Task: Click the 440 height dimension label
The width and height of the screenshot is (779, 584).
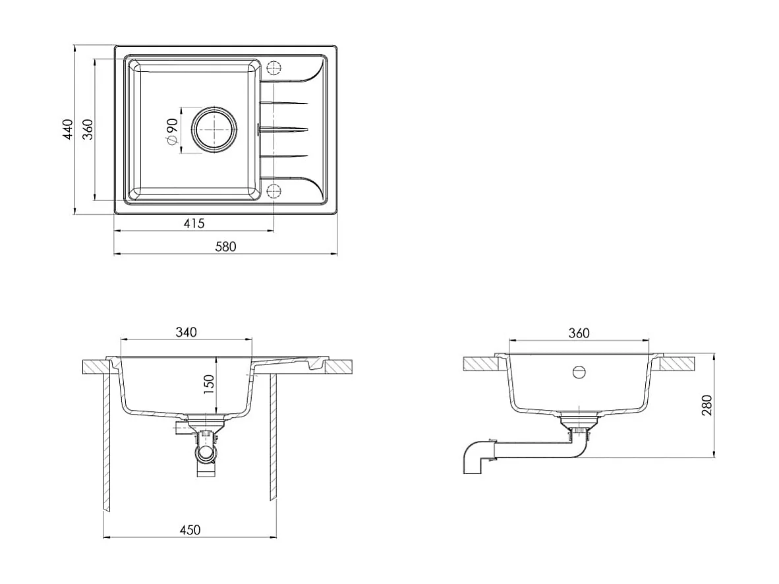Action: pyautogui.click(x=68, y=129)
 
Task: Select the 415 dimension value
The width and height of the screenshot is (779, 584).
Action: pyautogui.click(x=194, y=223)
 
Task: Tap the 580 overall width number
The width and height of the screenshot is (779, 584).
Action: pyautogui.click(x=225, y=247)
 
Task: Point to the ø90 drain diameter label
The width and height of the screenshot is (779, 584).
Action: pyautogui.click(x=172, y=132)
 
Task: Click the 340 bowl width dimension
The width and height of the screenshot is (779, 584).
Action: pyautogui.click(x=187, y=332)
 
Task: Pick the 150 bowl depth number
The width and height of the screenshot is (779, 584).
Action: pyautogui.click(x=209, y=385)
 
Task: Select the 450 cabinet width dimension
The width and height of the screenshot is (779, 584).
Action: pyautogui.click(x=190, y=530)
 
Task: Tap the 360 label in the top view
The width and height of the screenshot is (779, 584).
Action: pyautogui.click(x=88, y=129)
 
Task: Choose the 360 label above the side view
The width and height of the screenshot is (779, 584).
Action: pyautogui.click(x=579, y=333)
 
